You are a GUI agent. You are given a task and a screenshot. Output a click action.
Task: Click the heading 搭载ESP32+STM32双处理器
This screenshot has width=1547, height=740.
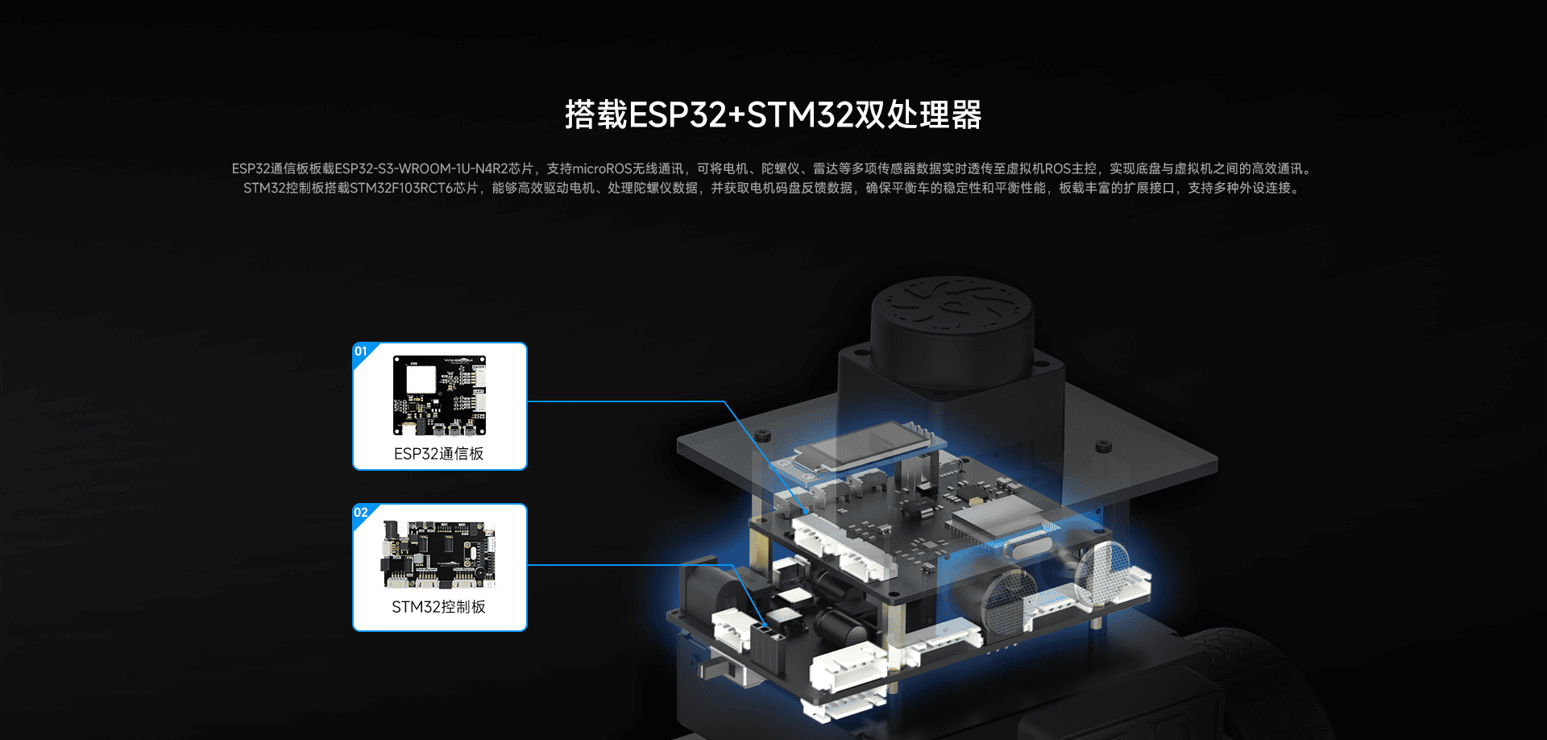(x=773, y=114)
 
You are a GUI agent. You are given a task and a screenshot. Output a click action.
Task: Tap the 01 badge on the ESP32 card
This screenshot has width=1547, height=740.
(x=361, y=351)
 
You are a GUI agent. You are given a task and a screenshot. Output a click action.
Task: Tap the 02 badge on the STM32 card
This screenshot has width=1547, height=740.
(x=361, y=513)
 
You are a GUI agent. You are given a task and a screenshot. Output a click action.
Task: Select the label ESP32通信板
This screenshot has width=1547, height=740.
(x=439, y=454)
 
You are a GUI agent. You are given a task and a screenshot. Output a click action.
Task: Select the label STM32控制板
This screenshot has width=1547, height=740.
(x=439, y=607)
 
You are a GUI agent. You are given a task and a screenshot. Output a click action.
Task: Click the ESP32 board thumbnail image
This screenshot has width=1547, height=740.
(x=440, y=395)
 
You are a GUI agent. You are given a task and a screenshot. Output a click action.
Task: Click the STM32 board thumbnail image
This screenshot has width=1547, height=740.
(x=439, y=555)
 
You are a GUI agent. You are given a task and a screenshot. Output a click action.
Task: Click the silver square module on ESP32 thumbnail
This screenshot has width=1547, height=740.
(x=421, y=379)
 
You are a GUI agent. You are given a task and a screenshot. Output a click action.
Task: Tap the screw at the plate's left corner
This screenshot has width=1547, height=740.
(x=763, y=436)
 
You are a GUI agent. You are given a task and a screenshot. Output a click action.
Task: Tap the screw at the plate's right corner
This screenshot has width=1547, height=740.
(x=1103, y=446)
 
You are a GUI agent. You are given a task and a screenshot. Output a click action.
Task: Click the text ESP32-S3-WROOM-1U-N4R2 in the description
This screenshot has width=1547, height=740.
(x=433, y=168)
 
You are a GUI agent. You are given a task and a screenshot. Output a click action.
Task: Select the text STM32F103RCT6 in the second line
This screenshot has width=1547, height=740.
(x=401, y=188)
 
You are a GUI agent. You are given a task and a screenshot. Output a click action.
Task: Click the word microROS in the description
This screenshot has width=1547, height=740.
(x=602, y=168)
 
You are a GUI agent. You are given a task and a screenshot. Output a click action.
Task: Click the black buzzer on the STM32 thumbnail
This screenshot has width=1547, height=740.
(x=479, y=572)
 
